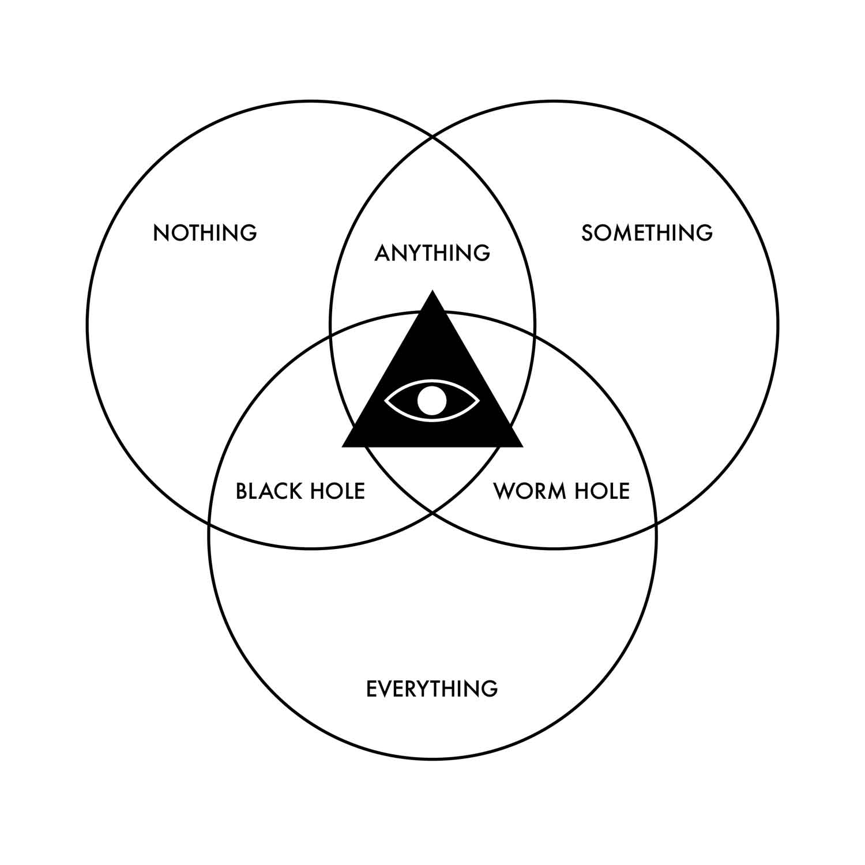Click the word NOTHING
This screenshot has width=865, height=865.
click(x=205, y=233)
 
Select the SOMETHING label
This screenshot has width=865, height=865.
click(x=647, y=233)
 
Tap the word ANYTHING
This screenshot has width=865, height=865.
click(x=432, y=253)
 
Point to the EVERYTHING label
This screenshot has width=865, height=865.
click(x=432, y=689)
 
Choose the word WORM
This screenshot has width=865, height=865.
click(x=525, y=491)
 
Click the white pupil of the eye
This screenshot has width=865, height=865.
click(x=432, y=400)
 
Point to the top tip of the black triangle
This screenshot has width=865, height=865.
click(x=432, y=292)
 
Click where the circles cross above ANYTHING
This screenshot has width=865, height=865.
click(x=432, y=137)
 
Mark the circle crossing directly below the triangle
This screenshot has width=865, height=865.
click(x=432, y=512)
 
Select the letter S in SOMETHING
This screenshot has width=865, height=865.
click(x=588, y=233)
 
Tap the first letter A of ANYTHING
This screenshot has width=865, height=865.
click(x=382, y=253)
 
